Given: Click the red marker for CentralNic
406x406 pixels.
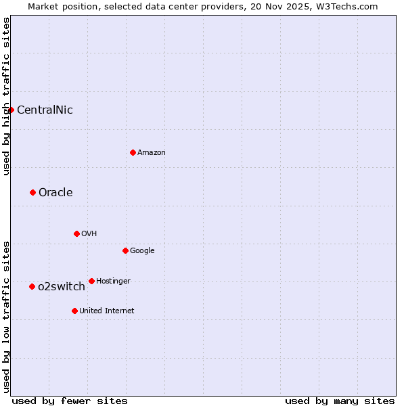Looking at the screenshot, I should tap(11, 110).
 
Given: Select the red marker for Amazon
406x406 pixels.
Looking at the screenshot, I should tap(133, 152).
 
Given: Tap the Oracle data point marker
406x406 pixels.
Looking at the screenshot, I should tap(32, 192).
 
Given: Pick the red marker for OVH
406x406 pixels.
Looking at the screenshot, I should tap(76, 233).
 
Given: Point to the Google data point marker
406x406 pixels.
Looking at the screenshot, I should tap(125, 250).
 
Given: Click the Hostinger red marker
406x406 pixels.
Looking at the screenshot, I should tap(91, 281).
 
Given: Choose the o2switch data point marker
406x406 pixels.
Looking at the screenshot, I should tap(32, 286).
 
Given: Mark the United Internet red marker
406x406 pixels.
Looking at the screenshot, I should tap(74, 311).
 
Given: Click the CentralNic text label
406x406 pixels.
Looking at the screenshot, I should tap(45, 110).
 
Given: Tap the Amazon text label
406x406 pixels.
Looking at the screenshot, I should tap(152, 152).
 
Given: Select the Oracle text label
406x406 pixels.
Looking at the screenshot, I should tap(55, 192).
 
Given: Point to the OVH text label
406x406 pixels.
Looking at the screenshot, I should tap(89, 233).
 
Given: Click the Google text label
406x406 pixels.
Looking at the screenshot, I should tap(142, 250).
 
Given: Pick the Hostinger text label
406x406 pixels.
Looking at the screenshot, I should tap(113, 281).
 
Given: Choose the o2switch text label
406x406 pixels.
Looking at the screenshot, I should tap(62, 286).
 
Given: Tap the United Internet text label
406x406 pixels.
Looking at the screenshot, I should tap(107, 311).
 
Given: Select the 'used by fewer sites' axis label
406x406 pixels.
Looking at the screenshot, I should tap(70, 401).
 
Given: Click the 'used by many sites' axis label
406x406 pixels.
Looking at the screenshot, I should tap(340, 401).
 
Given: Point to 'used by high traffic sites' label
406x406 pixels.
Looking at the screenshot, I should tap(6, 96).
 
